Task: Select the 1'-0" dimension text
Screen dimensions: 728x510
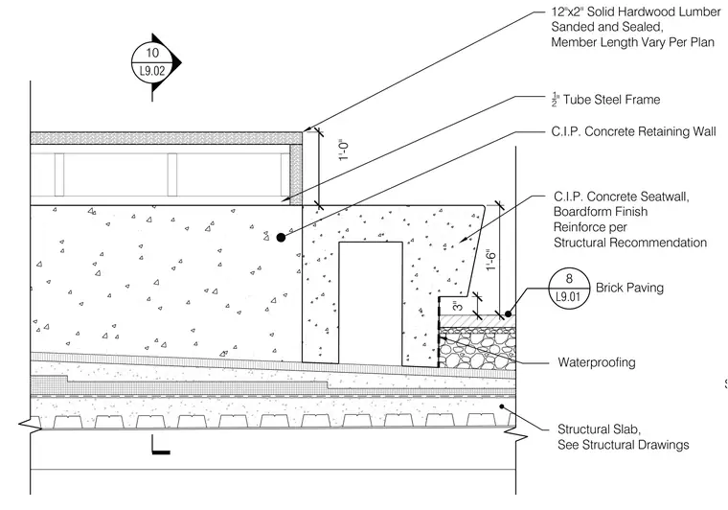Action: click(344, 150)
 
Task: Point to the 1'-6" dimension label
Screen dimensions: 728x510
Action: click(491, 261)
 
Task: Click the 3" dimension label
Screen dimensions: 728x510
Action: click(458, 306)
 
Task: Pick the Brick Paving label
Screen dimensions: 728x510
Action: click(629, 288)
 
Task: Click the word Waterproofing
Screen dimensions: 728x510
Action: click(597, 362)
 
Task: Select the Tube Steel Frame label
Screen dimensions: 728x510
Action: click(611, 100)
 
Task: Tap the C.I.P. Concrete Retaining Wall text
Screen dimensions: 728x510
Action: click(633, 132)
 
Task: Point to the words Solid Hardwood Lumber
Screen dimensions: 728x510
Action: click(653, 12)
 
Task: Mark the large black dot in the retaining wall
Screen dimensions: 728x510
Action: click(281, 238)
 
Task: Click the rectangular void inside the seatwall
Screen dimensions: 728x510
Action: click(371, 302)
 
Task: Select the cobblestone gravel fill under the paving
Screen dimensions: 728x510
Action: click(477, 350)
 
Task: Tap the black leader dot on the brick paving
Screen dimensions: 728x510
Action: click(509, 313)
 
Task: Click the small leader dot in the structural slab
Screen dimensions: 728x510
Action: click(502, 406)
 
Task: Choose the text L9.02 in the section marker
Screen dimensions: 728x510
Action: click(152, 72)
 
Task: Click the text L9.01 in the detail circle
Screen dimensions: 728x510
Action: click(569, 297)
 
